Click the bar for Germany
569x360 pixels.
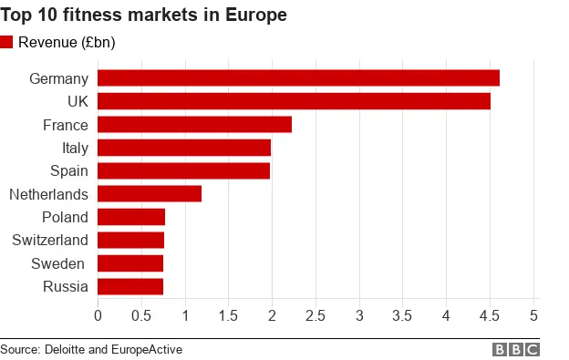click(298, 78)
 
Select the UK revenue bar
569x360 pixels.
click(294, 101)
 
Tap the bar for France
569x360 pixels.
click(194, 125)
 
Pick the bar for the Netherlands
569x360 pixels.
click(149, 193)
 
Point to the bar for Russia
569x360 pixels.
click(130, 286)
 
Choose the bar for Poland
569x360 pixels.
click(131, 217)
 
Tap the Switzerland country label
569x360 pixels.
click(50, 240)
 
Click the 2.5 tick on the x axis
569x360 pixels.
click(316, 315)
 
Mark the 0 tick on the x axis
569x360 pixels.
click(98, 315)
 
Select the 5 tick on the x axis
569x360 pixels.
click(533, 315)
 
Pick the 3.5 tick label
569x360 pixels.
click(402, 315)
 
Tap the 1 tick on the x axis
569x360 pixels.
click(185, 315)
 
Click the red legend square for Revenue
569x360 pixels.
click(7, 42)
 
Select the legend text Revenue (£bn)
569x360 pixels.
click(67, 42)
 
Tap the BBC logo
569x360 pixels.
click(516, 349)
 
